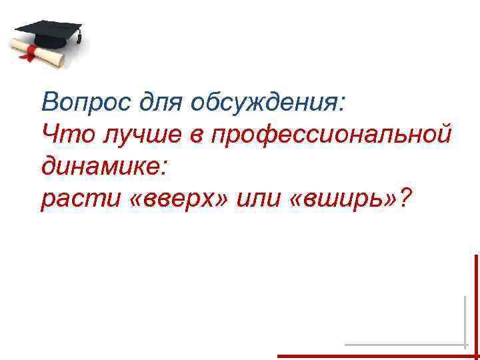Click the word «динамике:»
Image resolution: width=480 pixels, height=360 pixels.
tap(103, 166)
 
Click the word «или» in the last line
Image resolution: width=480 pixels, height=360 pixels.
tap(265, 197)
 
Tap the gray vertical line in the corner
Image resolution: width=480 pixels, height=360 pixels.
tap(465, 320)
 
